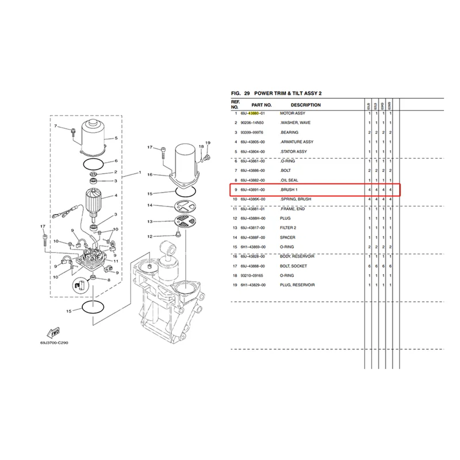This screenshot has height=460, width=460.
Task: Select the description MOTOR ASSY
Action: [x=293, y=113]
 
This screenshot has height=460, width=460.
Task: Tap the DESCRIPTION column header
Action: [x=305, y=105]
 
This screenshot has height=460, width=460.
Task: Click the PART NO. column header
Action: [x=260, y=105]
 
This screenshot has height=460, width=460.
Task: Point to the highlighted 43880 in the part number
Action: [x=255, y=113]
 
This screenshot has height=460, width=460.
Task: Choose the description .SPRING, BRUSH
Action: [x=297, y=199]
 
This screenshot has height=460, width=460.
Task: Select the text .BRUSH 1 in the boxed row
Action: [x=290, y=189]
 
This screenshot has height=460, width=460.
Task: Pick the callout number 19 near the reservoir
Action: [x=208, y=142]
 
